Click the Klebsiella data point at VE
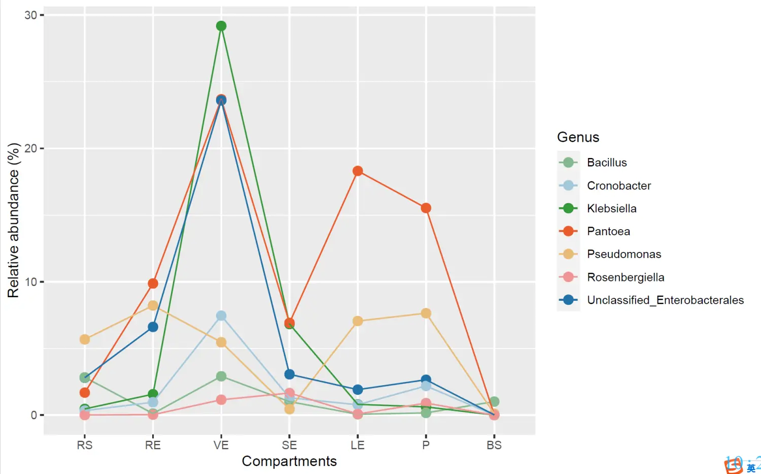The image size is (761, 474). point(221,26)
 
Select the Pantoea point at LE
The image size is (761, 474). point(358,171)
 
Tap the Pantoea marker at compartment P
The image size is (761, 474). point(426,208)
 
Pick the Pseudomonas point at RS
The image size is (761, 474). point(85,339)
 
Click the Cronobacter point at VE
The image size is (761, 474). point(221,316)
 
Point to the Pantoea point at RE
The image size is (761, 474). point(153,283)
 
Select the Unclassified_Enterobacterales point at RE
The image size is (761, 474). point(153,327)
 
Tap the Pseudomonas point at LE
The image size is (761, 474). point(358,321)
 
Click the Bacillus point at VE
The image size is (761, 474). point(221,376)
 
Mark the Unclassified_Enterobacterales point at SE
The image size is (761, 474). point(290,374)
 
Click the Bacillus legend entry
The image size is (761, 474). point(607,163)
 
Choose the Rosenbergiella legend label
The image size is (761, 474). point(626,277)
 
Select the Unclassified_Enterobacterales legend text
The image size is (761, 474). point(665,300)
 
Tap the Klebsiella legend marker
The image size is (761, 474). point(568,208)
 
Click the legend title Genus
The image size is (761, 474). point(578,137)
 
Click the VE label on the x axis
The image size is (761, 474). point(221,446)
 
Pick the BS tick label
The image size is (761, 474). point(494,446)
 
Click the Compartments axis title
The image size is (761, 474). point(289,461)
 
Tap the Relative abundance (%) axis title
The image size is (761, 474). point(13,220)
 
